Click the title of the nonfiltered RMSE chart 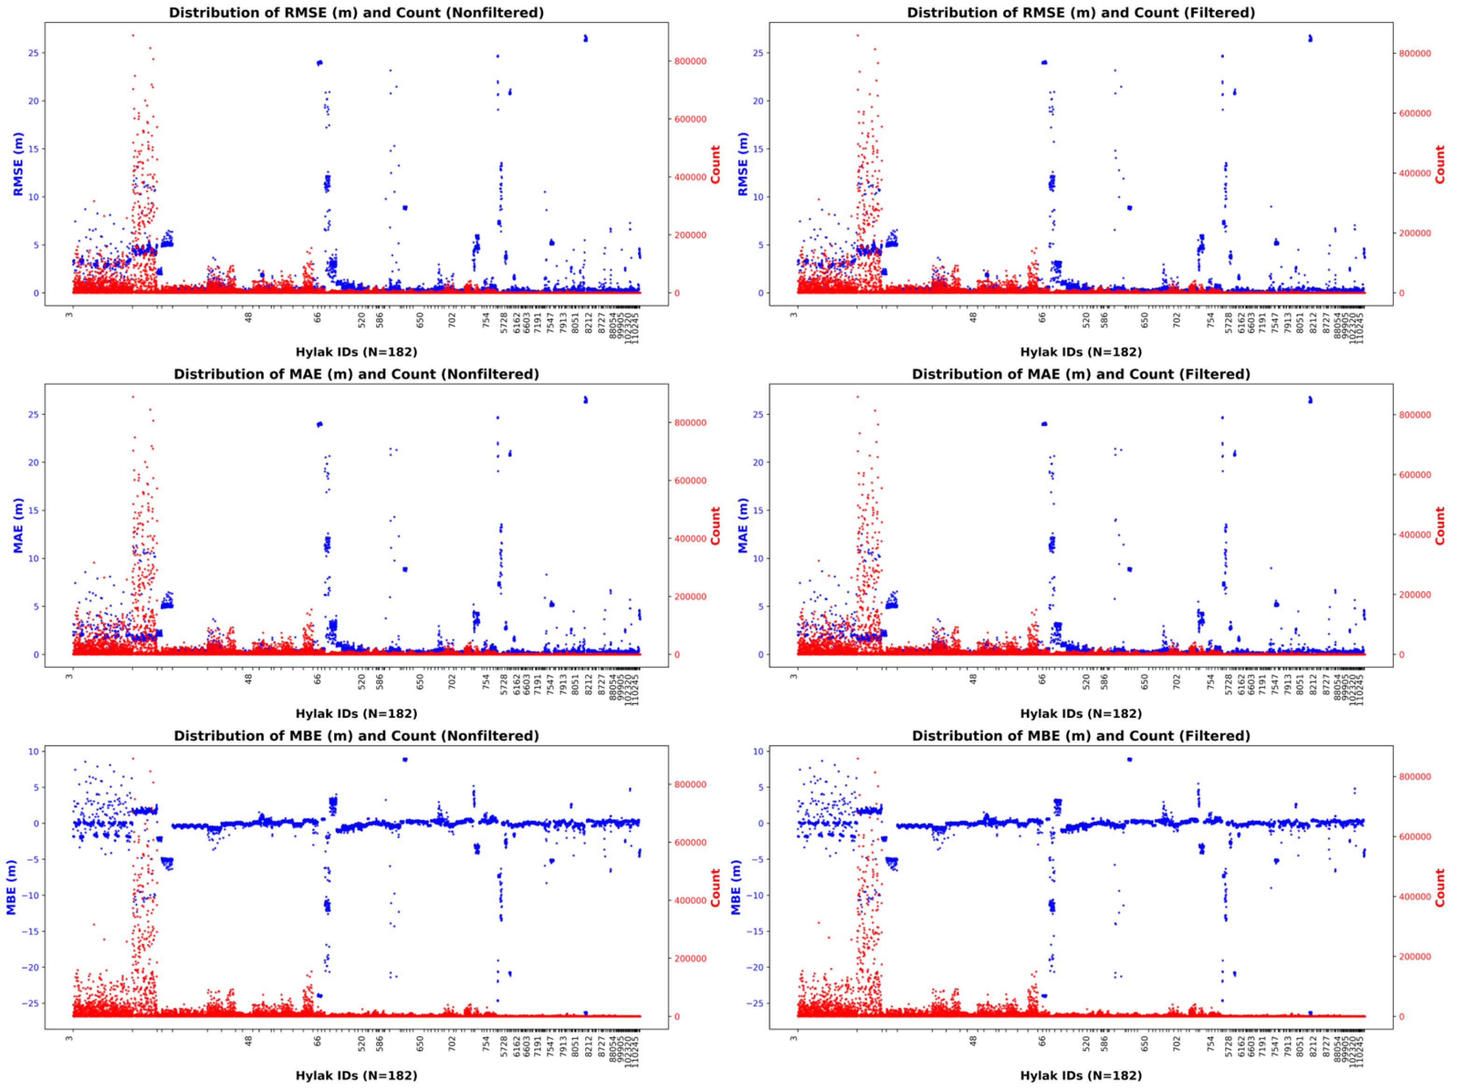point(357,13)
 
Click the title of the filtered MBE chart point(1080,736)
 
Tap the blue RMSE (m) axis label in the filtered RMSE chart point(742,164)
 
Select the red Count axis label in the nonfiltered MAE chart point(715,526)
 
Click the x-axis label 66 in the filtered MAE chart point(1043,678)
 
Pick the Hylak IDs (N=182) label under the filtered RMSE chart point(1080,352)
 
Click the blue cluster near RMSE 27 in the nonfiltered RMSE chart point(585,38)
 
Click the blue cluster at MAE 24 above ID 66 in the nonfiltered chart point(319,425)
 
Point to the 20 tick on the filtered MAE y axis point(758,462)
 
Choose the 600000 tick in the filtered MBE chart point(1415,837)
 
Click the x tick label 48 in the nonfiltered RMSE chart point(249,317)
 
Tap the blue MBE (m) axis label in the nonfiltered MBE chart point(11,887)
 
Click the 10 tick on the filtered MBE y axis point(758,751)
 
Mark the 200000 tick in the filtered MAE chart point(1415,595)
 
